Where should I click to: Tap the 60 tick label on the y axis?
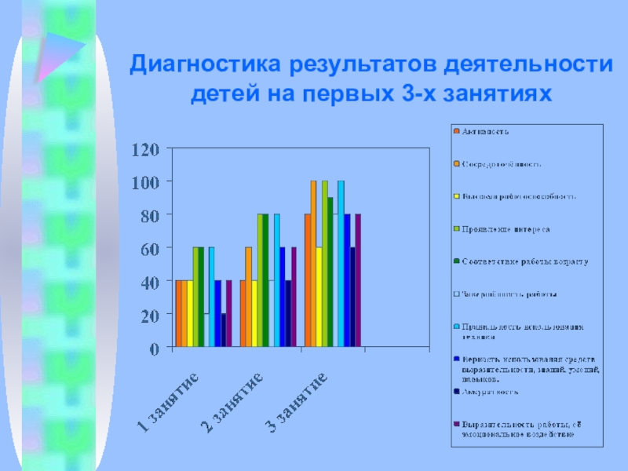tap(150, 248)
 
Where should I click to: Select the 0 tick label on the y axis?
tap(155, 347)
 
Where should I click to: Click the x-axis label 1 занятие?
tap(167, 403)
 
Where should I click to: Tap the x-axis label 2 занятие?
tap(232, 403)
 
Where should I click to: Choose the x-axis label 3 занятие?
tap(296, 403)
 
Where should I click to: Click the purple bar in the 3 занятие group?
tap(358, 280)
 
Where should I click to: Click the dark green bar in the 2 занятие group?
tap(265, 280)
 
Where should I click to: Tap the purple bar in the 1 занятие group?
tap(229, 313)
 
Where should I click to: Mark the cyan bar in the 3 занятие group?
tap(341, 264)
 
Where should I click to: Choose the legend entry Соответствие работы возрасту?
tap(524, 261)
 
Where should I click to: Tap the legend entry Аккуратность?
tap(489, 391)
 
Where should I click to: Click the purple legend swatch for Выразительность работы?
tap(455, 424)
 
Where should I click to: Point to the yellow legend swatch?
tap(455, 196)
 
